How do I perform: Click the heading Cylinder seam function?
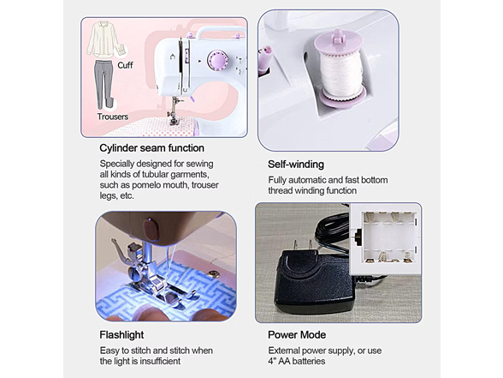point(151,147)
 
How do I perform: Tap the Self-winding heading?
point(296,165)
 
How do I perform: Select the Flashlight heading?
point(121,334)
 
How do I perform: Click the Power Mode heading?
point(297,334)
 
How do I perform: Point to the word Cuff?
point(125,65)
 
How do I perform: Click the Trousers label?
point(113,117)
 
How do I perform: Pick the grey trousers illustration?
point(104,85)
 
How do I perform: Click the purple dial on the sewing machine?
point(216,60)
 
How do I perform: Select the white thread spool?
point(342,75)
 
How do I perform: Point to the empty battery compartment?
point(389,237)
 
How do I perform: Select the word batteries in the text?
point(309,361)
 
